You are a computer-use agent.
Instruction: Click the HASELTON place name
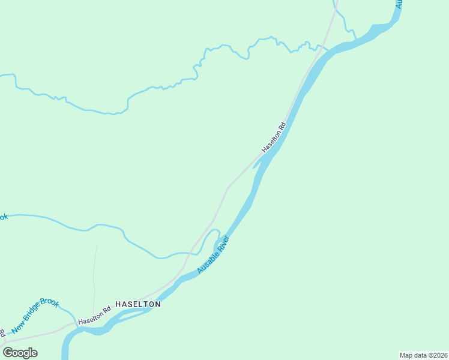point(137,304)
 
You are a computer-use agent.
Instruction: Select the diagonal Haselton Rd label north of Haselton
point(274,137)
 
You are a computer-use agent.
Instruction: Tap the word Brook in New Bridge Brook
point(49,304)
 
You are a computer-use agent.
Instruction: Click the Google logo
point(20,352)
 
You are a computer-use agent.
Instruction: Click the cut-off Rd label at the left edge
point(2,332)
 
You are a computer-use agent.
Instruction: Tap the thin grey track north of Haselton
point(94,276)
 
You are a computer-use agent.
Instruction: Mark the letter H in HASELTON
point(118,304)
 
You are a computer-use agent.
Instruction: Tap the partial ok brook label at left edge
point(3,217)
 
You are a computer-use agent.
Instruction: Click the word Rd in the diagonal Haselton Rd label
point(282,126)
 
